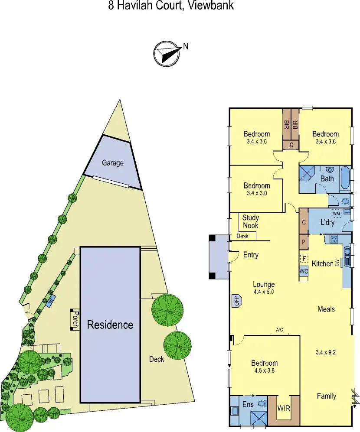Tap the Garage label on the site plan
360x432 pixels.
[112, 163]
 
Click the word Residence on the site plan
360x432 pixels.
[110, 325]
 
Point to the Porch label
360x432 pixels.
[75, 320]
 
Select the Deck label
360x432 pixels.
[157, 359]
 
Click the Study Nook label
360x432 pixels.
[250, 221]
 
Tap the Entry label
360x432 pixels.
[251, 255]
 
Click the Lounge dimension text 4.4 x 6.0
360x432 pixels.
[264, 292]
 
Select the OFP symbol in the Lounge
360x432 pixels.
[237, 300]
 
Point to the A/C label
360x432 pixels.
[280, 330]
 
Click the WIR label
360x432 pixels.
[284, 408]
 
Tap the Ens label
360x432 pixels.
[248, 404]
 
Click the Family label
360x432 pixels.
[326, 396]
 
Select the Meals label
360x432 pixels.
[326, 309]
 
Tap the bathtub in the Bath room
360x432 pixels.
[345, 178]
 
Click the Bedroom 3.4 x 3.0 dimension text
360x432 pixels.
[256, 193]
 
